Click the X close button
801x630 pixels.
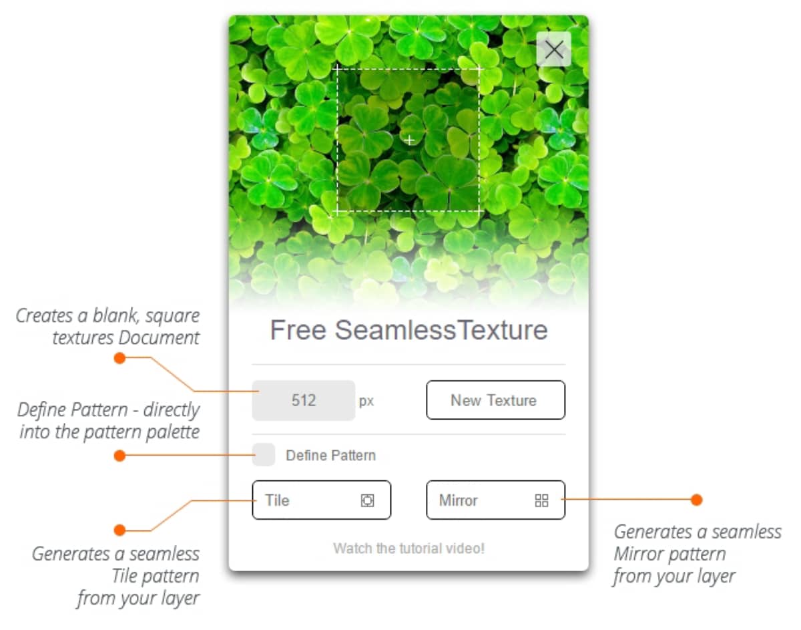coord(553,49)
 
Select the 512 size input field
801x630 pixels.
coord(303,400)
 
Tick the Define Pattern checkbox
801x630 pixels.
coord(264,455)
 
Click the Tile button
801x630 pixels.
coord(322,500)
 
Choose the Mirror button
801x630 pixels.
coord(495,500)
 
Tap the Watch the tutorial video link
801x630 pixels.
coord(409,548)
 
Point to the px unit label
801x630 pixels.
coord(366,402)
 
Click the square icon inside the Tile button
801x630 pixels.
coord(367,500)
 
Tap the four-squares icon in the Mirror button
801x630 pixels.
coord(541,500)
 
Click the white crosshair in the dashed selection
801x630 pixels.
coord(409,140)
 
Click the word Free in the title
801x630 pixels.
coord(298,330)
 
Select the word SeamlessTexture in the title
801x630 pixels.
coord(441,330)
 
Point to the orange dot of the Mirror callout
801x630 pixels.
coord(696,500)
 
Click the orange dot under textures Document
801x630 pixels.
coord(119,358)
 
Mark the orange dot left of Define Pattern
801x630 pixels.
coord(119,456)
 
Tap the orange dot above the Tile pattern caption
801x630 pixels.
coord(119,530)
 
